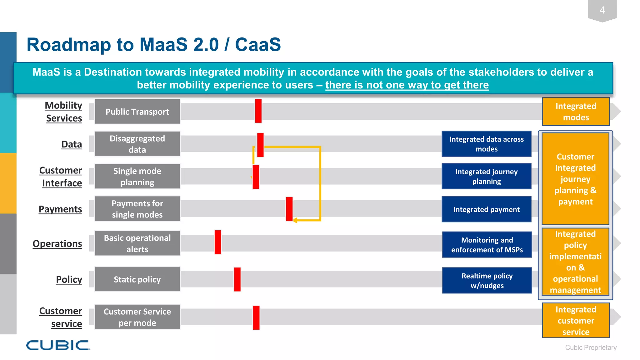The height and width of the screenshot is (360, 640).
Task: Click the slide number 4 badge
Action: click(x=602, y=10)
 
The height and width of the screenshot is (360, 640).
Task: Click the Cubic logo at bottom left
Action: click(x=58, y=345)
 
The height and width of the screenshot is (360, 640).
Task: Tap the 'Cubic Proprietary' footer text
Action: click(x=591, y=347)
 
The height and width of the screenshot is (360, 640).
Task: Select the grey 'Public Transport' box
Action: click(x=137, y=112)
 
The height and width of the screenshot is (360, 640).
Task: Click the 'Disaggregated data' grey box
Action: click(x=137, y=144)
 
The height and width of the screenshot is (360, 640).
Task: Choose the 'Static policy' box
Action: click(x=137, y=279)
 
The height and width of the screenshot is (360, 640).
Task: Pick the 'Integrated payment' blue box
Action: click(x=486, y=209)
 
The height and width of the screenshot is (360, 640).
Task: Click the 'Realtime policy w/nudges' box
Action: click(x=487, y=281)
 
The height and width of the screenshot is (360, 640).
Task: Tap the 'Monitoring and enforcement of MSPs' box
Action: click(x=487, y=245)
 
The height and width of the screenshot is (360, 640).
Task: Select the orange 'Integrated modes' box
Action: click(x=576, y=112)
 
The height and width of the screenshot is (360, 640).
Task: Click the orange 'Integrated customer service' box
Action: click(x=576, y=320)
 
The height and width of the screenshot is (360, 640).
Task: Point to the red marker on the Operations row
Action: click(x=218, y=242)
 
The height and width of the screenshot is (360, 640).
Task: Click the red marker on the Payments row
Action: click(x=289, y=209)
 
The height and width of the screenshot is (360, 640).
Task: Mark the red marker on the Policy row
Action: click(x=237, y=279)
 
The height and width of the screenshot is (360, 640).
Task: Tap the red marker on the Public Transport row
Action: click(x=258, y=111)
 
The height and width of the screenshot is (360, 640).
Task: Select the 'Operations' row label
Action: click(x=57, y=243)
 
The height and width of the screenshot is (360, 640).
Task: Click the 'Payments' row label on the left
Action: click(x=60, y=209)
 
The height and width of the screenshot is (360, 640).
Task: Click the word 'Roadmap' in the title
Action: click(x=68, y=45)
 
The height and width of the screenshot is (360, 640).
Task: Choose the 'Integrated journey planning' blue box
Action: click(x=486, y=177)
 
